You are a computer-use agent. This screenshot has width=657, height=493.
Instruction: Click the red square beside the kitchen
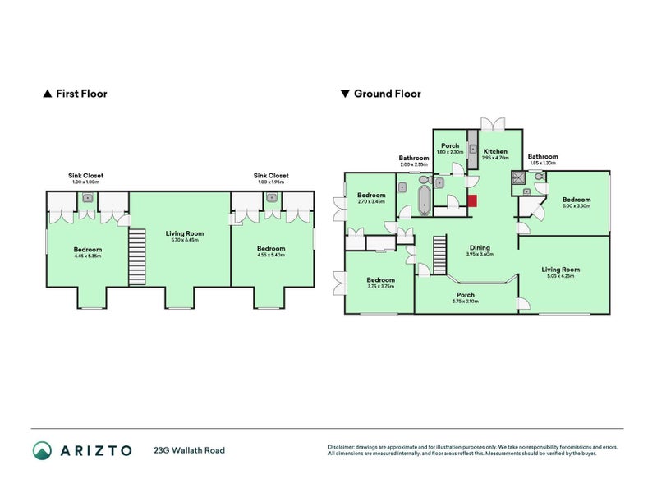[472, 200]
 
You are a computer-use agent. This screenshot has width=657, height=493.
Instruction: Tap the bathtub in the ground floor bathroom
[425, 200]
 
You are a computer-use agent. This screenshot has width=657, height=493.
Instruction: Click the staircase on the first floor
[137, 257]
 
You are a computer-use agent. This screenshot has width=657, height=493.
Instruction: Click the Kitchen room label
[495, 151]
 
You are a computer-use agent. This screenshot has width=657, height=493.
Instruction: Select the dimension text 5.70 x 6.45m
[184, 240]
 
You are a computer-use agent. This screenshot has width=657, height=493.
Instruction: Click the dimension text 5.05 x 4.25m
[560, 276]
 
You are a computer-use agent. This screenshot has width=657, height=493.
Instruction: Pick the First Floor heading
[80, 94]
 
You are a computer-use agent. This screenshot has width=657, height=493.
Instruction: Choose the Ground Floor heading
[387, 94]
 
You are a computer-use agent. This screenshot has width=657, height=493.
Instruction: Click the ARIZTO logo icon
[43, 449]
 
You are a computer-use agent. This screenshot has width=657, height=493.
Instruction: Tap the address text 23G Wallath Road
[189, 450]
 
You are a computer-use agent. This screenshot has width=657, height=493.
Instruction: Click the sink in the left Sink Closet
[86, 198]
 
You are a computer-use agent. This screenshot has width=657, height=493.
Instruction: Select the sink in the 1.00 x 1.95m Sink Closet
[270, 198]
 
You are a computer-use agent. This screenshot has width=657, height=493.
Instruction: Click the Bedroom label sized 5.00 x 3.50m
[576, 200]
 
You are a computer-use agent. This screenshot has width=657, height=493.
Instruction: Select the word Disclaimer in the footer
[346, 447]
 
